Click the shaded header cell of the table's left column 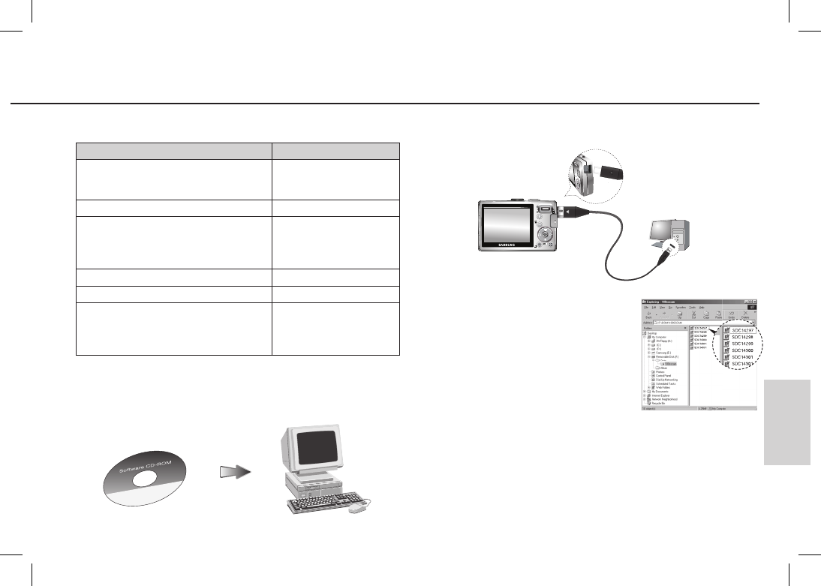(x=173, y=149)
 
